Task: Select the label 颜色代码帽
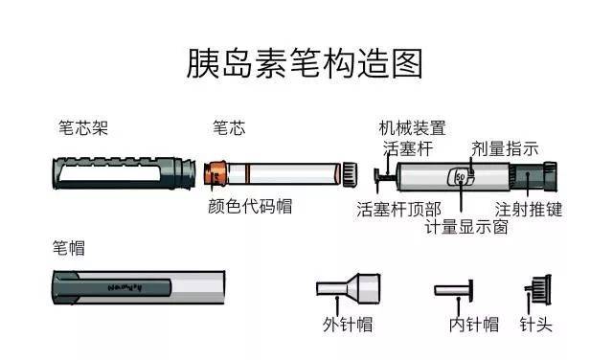pos(250,206)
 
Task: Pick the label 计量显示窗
pos(466,228)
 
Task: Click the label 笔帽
pos(68,248)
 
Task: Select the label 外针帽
pos(346,324)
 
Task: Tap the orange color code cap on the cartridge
pos(217,175)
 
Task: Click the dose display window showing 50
pos(461,177)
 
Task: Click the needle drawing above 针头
pos(537,288)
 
